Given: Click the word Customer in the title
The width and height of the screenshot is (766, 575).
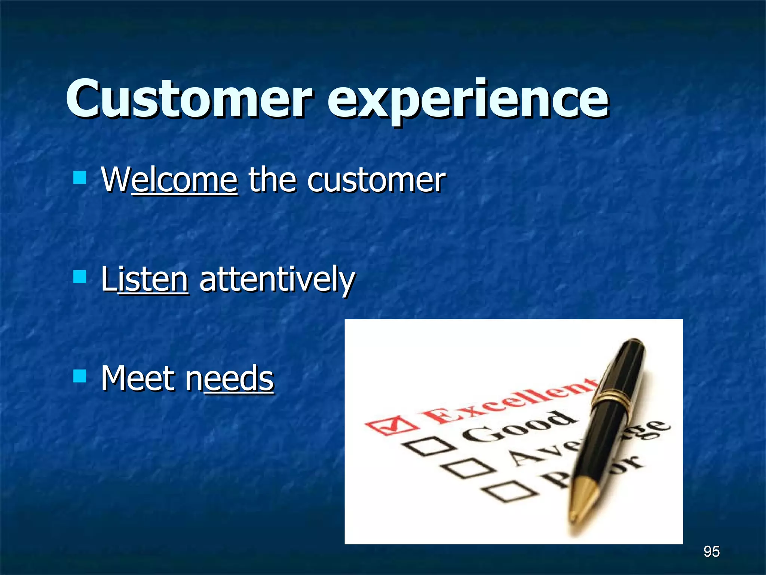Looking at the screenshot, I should pos(189,99).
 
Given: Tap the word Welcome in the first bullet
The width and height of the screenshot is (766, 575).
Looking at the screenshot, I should pos(169,180).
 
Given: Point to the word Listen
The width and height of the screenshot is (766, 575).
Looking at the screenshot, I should pos(144,279).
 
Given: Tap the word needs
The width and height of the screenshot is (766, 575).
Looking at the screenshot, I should pos(230,378).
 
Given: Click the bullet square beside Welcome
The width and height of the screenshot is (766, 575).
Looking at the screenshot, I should pos(80,177).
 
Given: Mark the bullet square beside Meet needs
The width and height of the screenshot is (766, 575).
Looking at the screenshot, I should pos(80,376).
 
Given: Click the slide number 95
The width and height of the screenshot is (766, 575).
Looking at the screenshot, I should pos(711,551).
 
